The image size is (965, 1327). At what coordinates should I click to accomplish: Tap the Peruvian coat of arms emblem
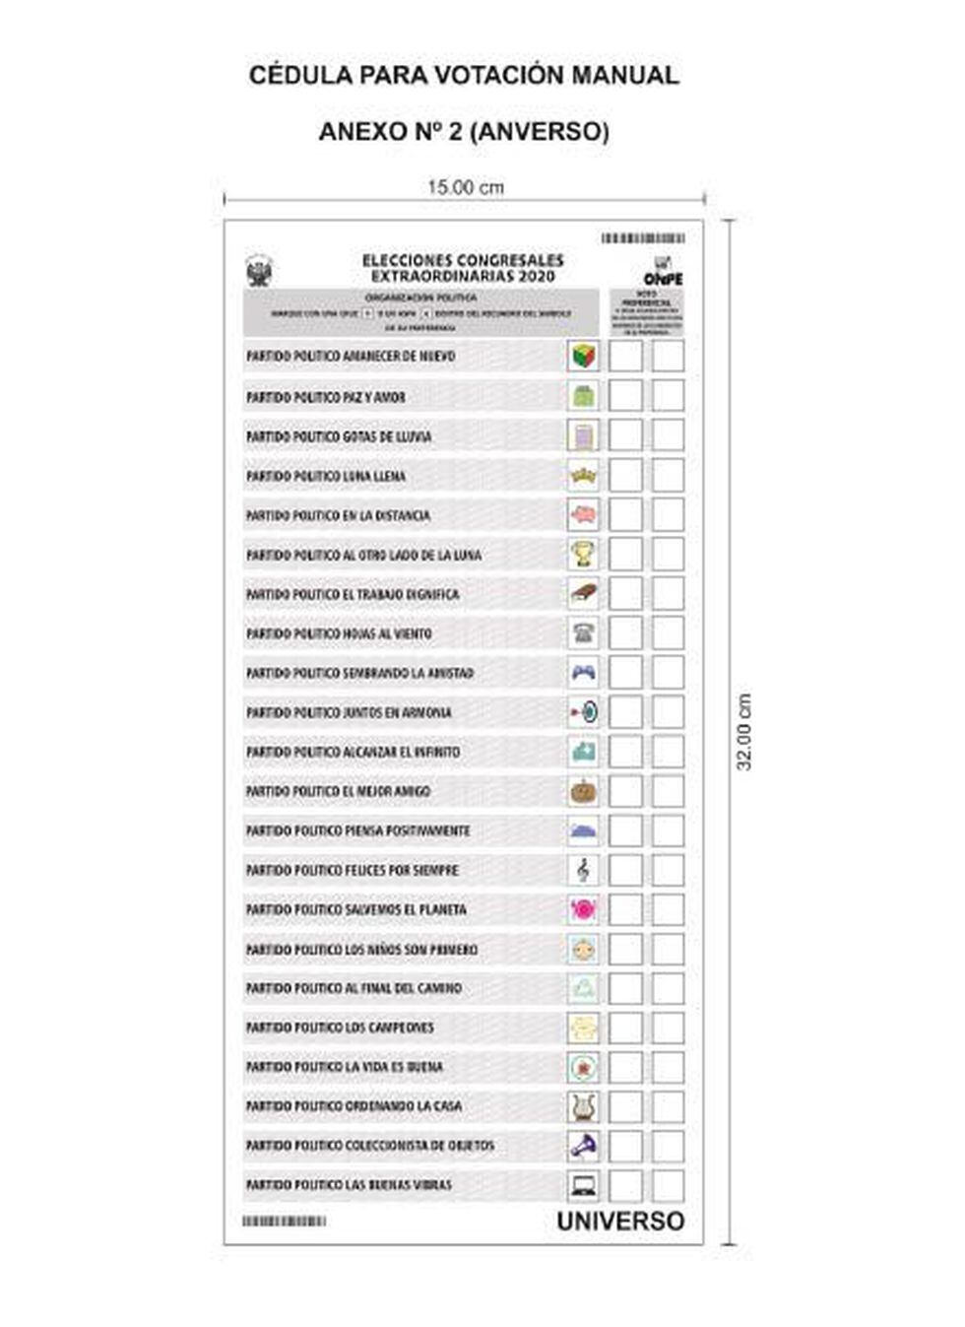coord(259,271)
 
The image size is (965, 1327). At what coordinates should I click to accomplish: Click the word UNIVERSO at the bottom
coord(620,1221)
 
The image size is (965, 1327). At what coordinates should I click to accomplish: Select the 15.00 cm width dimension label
coord(465,186)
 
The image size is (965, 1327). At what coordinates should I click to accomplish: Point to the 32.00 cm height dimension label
coord(744,732)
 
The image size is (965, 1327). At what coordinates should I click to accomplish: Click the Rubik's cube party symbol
coord(583,356)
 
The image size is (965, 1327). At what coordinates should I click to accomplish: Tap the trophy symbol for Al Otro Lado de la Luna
coord(583,554)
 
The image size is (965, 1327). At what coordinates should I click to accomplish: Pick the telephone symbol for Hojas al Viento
coord(583,632)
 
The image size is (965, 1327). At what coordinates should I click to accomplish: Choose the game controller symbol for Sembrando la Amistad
coord(583,672)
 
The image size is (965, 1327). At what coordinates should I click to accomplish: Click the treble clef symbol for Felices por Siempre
coord(583,870)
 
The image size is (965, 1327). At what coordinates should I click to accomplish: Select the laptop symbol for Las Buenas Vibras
coord(583,1185)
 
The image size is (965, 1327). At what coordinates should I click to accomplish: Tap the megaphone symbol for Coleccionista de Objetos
coord(583,1146)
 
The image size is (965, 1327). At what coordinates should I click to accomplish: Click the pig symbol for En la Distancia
coord(583,514)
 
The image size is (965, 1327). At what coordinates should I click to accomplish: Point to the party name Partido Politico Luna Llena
coord(326,476)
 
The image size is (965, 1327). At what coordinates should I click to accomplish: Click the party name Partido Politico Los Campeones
coord(340,1028)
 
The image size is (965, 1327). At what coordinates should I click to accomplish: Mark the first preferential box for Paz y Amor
coord(625,396)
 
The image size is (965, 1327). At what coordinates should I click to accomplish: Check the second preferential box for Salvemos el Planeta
coord(668,909)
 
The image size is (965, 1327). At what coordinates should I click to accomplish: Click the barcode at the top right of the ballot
coord(643,238)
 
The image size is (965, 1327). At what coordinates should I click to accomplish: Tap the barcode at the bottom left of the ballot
coord(284,1221)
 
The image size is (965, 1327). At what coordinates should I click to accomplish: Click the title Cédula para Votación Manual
coord(464,76)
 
